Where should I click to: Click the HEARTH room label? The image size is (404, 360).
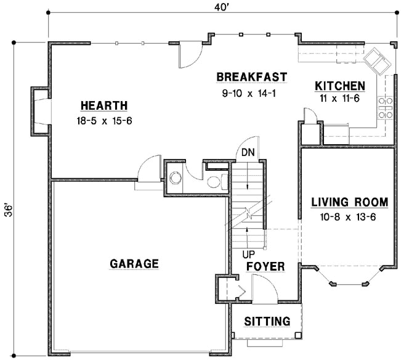[103, 105]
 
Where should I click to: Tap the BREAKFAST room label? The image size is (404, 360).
[251, 77]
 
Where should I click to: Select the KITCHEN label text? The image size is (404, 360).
[340, 86]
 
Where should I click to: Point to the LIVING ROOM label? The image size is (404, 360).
[349, 202]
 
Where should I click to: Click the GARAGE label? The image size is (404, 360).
[134, 263]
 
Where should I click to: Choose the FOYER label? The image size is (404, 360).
[265, 266]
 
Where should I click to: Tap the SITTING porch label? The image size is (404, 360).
[267, 321]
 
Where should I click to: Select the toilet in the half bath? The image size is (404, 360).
[214, 181]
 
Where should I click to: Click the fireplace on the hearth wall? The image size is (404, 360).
[38, 112]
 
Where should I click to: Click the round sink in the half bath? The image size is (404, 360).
[176, 178]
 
